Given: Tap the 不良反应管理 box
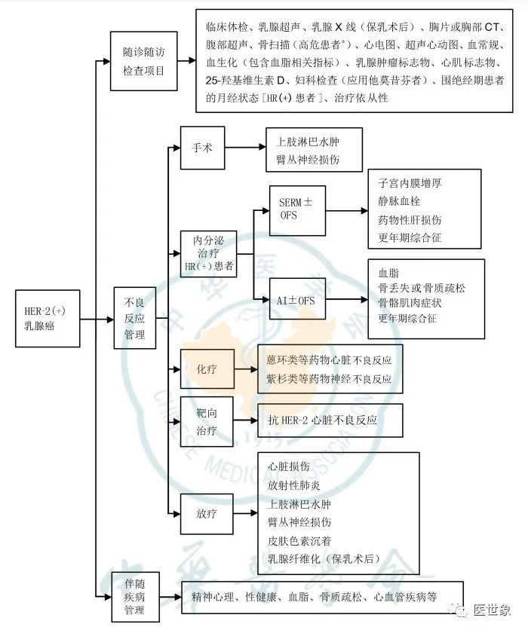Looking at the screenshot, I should click(135, 318).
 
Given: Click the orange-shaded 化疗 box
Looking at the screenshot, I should click(207, 370).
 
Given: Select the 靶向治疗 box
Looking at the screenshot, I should click(207, 421).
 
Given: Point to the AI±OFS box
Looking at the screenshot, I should click(297, 301).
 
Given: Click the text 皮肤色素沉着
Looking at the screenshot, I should click(299, 540).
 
